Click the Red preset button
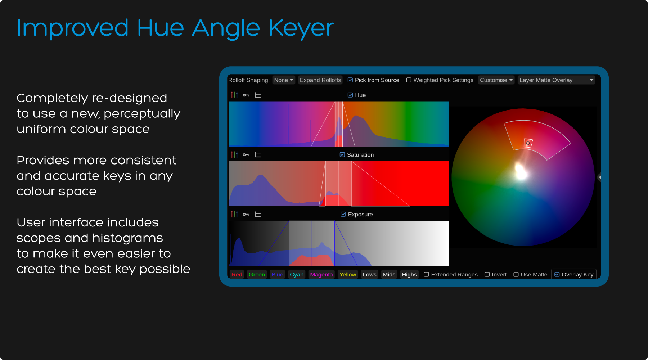tap(237, 274)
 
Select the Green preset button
tap(257, 274)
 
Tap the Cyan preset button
tap(297, 274)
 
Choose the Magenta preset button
tap(321, 274)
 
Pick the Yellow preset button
tap(348, 274)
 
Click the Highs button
tap(409, 274)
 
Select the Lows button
tap(369, 274)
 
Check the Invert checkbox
tap(487, 274)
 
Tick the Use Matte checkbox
tap(516, 274)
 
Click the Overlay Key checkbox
tap(557, 274)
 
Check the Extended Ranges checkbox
tap(426, 274)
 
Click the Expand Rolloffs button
tap(320, 80)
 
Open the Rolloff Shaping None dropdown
tap(284, 80)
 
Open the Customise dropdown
tap(496, 80)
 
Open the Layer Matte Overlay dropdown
tap(556, 80)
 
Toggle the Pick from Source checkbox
tap(350, 80)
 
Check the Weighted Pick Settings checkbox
tap(409, 80)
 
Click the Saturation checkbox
tap(342, 155)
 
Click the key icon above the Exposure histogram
tap(246, 215)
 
